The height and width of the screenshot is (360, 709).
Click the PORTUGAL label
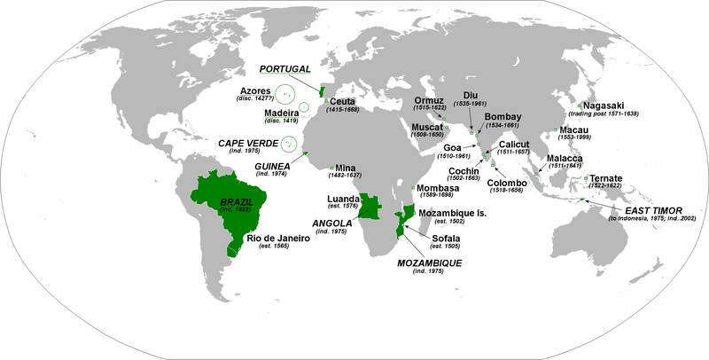coord(284,69)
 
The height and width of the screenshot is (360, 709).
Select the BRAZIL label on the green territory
coord(237,202)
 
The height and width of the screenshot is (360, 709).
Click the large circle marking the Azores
coord(287,92)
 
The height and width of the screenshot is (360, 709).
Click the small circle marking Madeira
coord(303,107)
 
